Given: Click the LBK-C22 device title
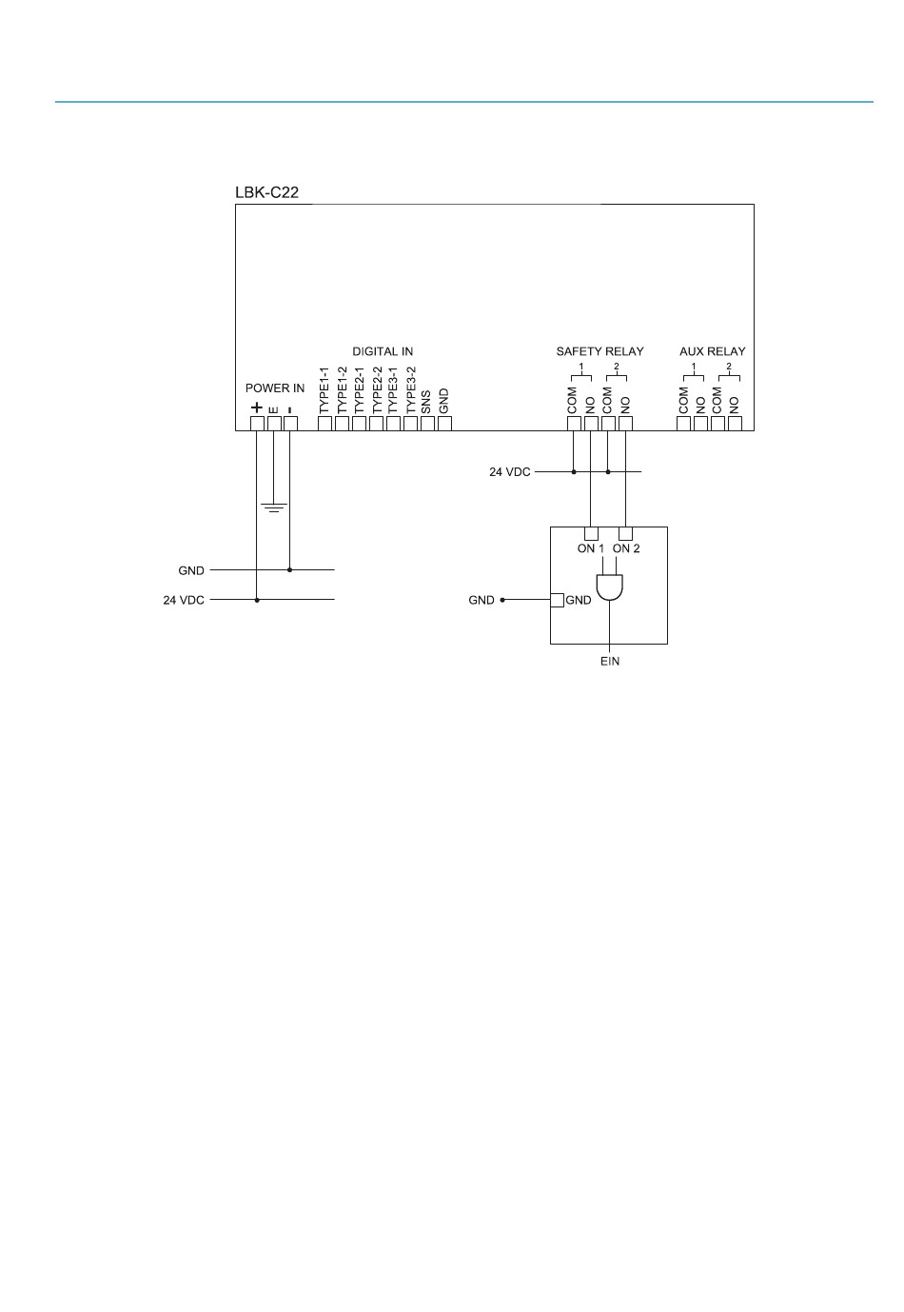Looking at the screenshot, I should [x=267, y=192].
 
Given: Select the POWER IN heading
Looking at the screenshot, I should [x=275, y=388].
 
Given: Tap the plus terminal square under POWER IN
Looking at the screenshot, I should [x=257, y=424].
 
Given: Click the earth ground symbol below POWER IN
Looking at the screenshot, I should [x=273, y=507].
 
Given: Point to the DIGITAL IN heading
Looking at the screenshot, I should [x=383, y=351].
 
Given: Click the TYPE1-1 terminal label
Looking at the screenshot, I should [x=324, y=390].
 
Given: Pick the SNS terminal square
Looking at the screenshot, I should [x=427, y=424].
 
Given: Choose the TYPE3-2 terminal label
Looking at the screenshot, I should [x=411, y=390].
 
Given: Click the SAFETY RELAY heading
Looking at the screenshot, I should [x=599, y=351].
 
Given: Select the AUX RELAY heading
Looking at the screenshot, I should [x=712, y=351].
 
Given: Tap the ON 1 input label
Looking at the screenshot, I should [x=591, y=548].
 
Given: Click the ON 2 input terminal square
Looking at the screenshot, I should [x=625, y=533].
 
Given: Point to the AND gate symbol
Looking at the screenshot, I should [x=609, y=588].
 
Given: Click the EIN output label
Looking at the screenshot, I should [x=609, y=662].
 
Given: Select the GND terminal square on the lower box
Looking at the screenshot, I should [x=558, y=600].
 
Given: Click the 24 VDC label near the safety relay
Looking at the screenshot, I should [x=510, y=471].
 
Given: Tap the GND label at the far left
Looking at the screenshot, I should [x=191, y=570].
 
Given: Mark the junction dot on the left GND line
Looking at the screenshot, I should [x=290, y=570].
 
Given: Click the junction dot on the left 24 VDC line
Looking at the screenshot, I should [x=257, y=600].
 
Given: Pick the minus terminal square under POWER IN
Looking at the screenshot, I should [x=290, y=424].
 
